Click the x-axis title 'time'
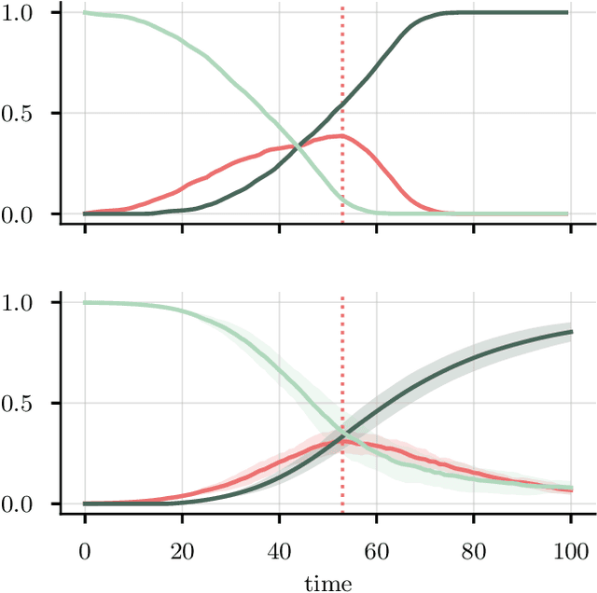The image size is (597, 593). click(x=327, y=584)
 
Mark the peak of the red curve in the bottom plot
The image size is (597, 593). click(x=342, y=441)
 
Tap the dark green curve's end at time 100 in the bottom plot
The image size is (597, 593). click(x=570, y=332)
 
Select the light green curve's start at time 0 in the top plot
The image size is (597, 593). click(x=85, y=13)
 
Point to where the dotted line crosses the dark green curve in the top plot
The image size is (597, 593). click(x=342, y=96)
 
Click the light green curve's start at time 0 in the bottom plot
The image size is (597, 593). click(x=85, y=303)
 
